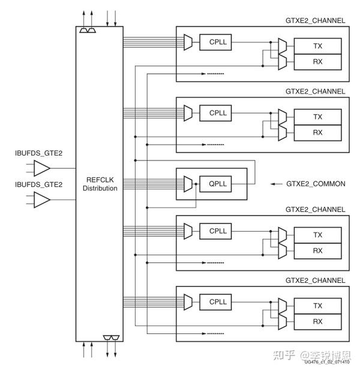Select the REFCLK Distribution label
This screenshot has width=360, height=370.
pyautogui.click(x=100, y=184)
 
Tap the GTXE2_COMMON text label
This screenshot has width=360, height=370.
pyautogui.click(x=316, y=184)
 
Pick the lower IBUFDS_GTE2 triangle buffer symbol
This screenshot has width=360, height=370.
pyautogui.click(x=41, y=200)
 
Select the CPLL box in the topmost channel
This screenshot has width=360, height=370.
pyautogui.click(x=218, y=41)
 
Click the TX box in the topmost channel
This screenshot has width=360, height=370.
pyautogui.click(x=317, y=46)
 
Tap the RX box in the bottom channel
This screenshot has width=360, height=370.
pyautogui.click(x=317, y=321)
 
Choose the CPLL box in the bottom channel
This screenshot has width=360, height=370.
pyautogui.click(x=218, y=302)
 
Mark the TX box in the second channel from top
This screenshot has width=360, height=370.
pyautogui.click(x=317, y=117)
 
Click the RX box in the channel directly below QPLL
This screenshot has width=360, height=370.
pyautogui.click(x=317, y=250)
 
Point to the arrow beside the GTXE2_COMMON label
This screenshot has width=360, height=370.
pyautogui.click(x=277, y=184)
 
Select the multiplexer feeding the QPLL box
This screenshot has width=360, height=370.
pyautogui.click(x=188, y=183)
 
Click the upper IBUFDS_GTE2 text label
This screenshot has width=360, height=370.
pyautogui.click(x=38, y=154)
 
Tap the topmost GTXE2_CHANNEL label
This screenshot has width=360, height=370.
pyautogui.click(x=316, y=20)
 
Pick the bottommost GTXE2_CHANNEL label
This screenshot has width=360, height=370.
pyautogui.click(x=316, y=281)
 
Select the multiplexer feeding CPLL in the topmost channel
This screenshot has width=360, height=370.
pyautogui.click(x=188, y=41)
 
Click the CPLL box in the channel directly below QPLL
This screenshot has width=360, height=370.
pyautogui.click(x=218, y=231)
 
